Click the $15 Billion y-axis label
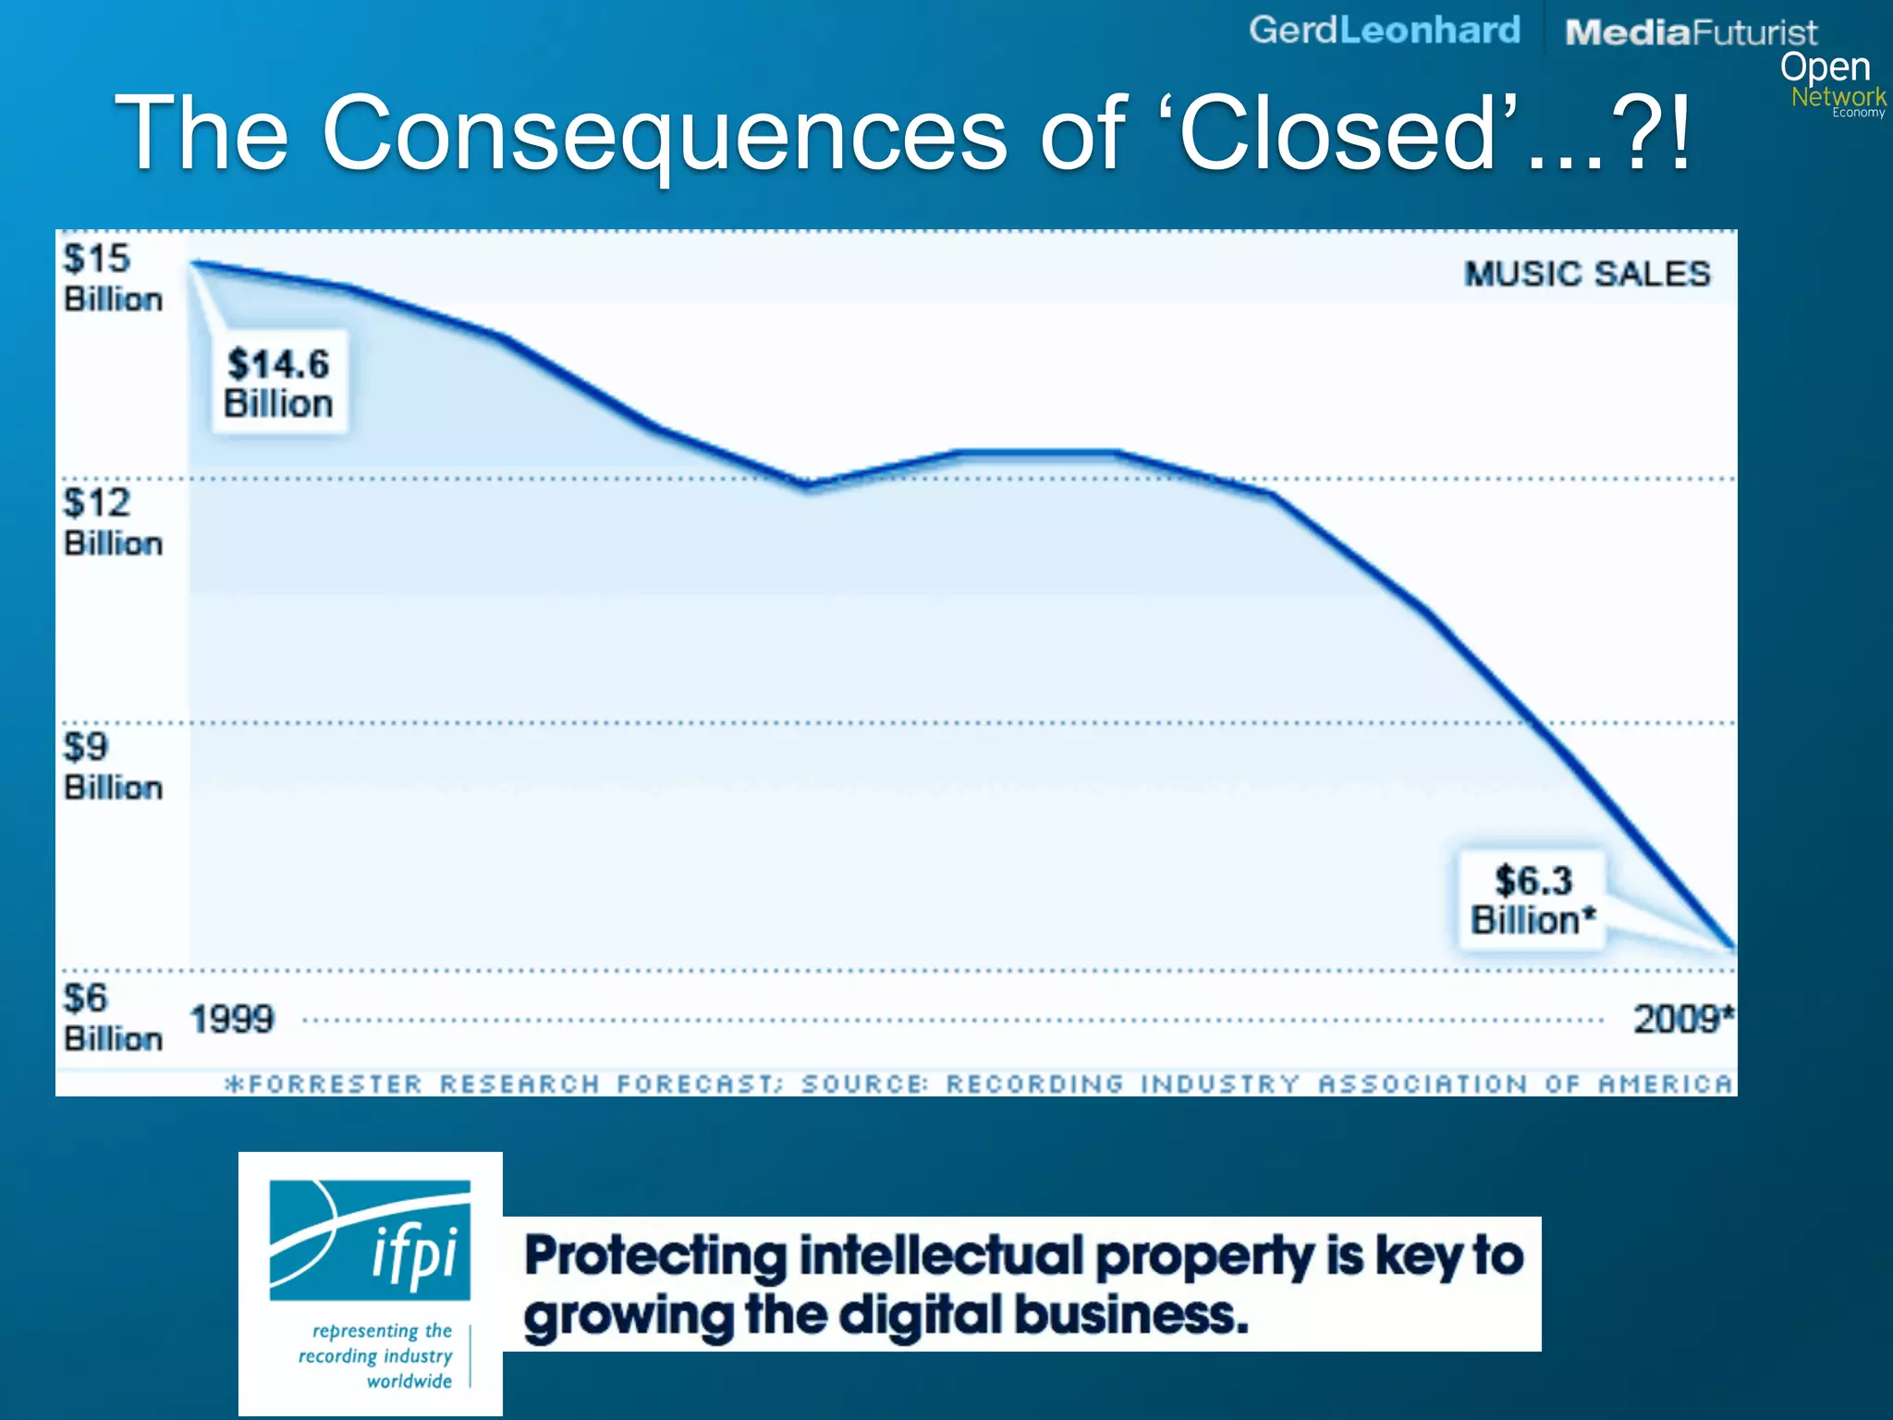tap(112, 278)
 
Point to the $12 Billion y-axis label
tap(112, 522)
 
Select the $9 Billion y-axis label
tap(112, 766)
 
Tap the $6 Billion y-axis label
tap(112, 1018)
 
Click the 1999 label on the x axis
tap(232, 1020)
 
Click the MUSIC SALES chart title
tap(1587, 274)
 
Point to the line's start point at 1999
tap(194, 263)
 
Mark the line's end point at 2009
tap(1732, 947)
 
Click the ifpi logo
tap(370, 1241)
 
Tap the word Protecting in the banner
tap(654, 1257)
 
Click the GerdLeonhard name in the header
tap(1384, 30)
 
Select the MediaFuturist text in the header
tap(1691, 32)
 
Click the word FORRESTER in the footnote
tap(335, 1083)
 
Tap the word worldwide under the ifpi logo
tap(409, 1381)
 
